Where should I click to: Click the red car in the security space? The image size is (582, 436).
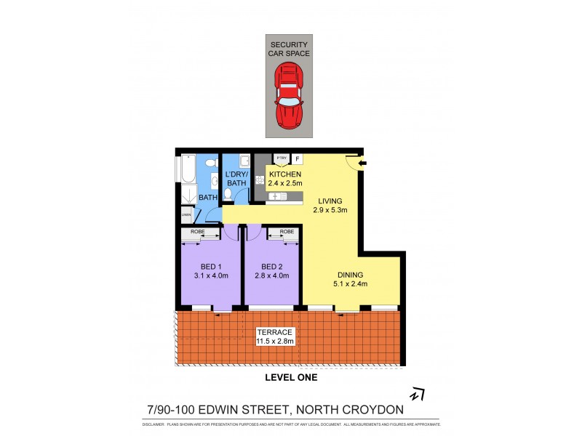pyautogui.click(x=289, y=94)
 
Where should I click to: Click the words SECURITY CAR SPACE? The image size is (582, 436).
pyautogui.click(x=289, y=49)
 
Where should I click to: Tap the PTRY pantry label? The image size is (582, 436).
pyautogui.click(x=281, y=158)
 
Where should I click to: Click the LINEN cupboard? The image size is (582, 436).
pyautogui.click(x=186, y=214)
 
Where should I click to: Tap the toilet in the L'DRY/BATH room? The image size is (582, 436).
pyautogui.click(x=229, y=195)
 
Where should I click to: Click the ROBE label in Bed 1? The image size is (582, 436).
pyautogui.click(x=197, y=233)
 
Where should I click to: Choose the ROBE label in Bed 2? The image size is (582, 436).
pyautogui.click(x=287, y=233)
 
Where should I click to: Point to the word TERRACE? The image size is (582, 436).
pyautogui.click(x=271, y=331)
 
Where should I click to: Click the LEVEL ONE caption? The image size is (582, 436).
pyautogui.click(x=290, y=378)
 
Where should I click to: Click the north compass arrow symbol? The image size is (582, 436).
pyautogui.click(x=417, y=394)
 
